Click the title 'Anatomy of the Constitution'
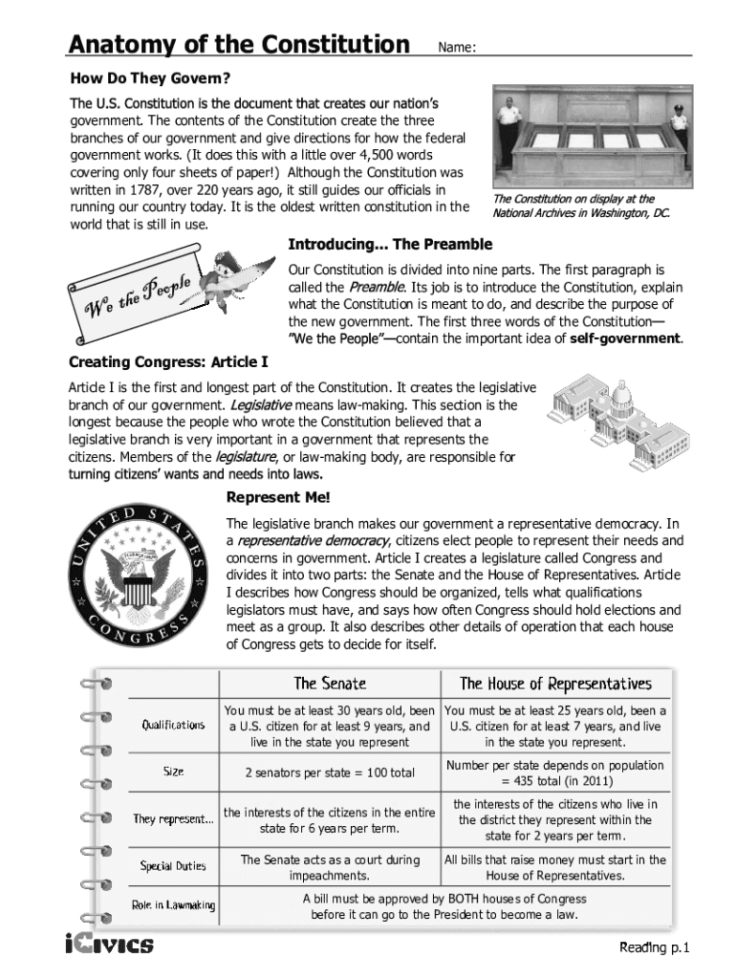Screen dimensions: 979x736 tap(238, 44)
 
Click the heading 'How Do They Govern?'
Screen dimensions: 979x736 tap(149, 76)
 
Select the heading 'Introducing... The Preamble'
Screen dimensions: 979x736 tap(390, 244)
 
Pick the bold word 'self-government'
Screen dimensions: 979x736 tap(625, 338)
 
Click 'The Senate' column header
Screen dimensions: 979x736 tap(330, 684)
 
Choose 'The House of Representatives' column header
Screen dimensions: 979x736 tap(555, 684)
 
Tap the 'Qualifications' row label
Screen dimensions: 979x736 tap(173, 726)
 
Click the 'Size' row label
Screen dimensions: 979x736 tap(173, 772)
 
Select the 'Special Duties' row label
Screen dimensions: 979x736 tap(173, 866)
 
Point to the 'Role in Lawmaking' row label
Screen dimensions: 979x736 tap(173, 905)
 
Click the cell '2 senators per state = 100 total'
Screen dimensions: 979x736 tap(330, 772)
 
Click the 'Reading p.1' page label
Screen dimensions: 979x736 tap(660, 948)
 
